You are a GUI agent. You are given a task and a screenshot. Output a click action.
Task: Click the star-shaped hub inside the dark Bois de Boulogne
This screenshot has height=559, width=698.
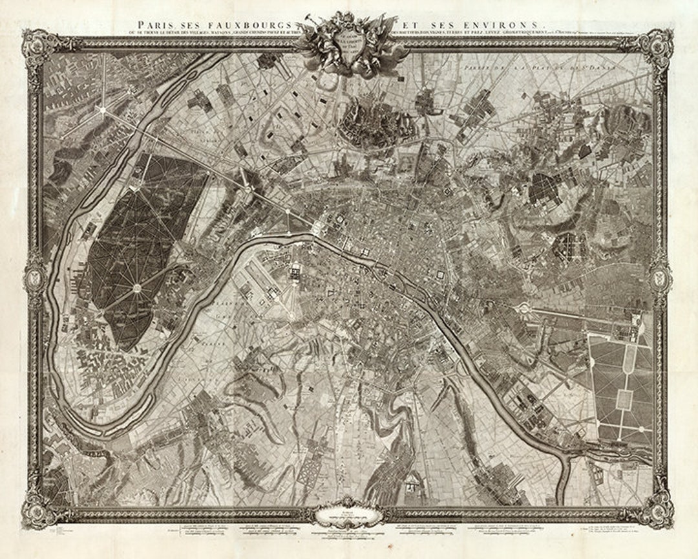[x=137, y=287]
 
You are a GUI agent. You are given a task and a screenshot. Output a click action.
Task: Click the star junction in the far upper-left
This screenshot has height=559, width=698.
[x=101, y=110]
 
